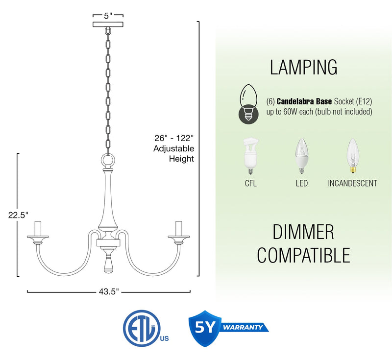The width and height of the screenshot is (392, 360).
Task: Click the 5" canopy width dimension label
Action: point(108,15)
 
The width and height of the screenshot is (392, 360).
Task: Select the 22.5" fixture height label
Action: point(18,215)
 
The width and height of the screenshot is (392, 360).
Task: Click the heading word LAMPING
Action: point(304,68)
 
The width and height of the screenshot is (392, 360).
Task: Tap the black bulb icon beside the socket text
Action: point(247,106)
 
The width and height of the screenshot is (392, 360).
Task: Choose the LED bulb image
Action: point(301,156)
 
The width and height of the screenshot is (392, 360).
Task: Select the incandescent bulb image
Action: point(352,156)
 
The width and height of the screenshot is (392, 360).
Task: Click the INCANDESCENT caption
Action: point(352,184)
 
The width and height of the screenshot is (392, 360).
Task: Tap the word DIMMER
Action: point(303,232)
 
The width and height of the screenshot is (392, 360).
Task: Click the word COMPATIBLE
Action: point(304,255)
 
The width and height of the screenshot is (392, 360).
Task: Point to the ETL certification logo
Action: point(141,327)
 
